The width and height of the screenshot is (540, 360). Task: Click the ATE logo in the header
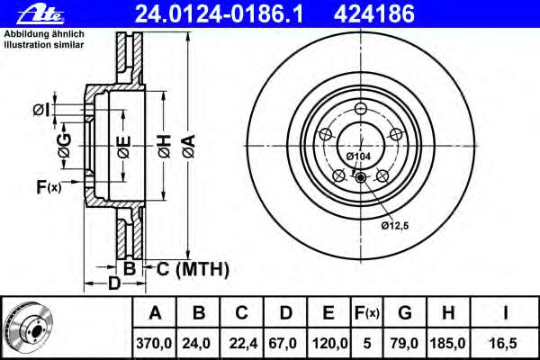40,14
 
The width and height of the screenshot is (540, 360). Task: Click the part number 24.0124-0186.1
219,14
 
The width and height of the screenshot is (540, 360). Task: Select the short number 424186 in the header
374,14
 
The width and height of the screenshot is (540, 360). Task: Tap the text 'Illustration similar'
44,45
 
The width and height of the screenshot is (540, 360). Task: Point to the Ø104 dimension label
358,157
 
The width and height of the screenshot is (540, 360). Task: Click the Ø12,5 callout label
395,226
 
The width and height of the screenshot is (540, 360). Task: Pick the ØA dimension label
189,147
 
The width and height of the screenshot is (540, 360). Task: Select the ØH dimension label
165,147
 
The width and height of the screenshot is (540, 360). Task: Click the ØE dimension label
124,147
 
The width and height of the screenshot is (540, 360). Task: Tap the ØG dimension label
65,146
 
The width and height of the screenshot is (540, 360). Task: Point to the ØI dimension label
41,110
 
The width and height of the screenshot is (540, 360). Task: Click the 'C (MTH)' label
193,269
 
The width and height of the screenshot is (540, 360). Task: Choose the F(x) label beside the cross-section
49,187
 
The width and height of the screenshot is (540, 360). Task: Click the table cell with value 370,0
154,344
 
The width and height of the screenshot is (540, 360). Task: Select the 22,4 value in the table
243,344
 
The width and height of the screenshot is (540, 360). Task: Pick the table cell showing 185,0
447,344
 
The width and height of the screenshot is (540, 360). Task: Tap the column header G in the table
405,313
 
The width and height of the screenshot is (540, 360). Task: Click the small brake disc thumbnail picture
29,328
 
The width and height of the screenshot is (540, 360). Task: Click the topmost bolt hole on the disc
361,109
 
